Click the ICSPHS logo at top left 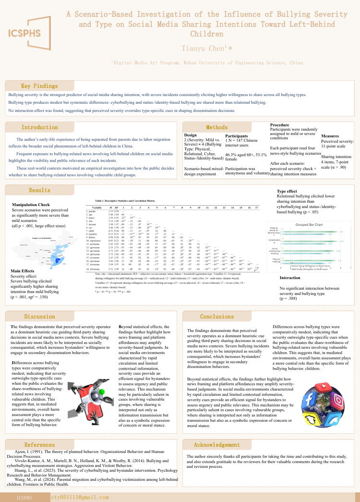(x=30, y=34)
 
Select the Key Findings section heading (x=39, y=86)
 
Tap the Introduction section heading (x=39, y=127)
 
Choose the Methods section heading (x=217, y=127)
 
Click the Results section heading (x=39, y=190)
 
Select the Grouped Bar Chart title (x=308, y=224)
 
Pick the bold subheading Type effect (x=287, y=192)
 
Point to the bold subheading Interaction (x=289, y=278)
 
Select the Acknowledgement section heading (x=217, y=445)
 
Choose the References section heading (x=39, y=445)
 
